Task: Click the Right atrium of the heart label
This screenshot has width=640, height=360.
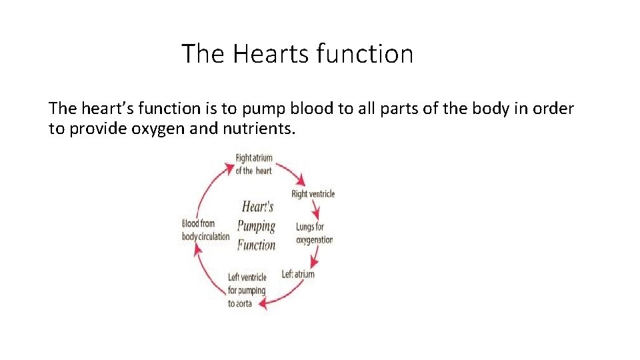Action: click(x=254, y=164)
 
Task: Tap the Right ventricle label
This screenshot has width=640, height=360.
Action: click(x=313, y=194)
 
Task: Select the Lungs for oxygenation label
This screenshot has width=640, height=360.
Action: click(x=314, y=233)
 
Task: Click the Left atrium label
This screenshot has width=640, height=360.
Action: click(x=298, y=274)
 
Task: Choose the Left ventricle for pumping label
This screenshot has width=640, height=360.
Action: click(x=247, y=283)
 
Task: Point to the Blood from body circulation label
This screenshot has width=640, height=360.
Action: click(x=205, y=230)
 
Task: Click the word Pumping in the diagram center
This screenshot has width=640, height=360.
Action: click(x=257, y=226)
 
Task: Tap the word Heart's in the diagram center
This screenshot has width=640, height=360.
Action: click(x=257, y=207)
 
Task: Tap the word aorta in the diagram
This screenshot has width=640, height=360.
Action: click(x=241, y=303)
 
